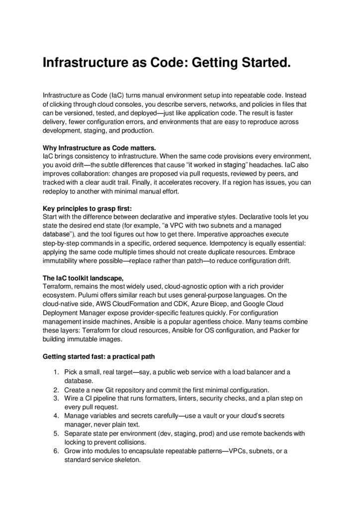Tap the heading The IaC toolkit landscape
(83, 277)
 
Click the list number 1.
(55, 372)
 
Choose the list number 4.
(55, 416)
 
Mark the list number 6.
(55, 451)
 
